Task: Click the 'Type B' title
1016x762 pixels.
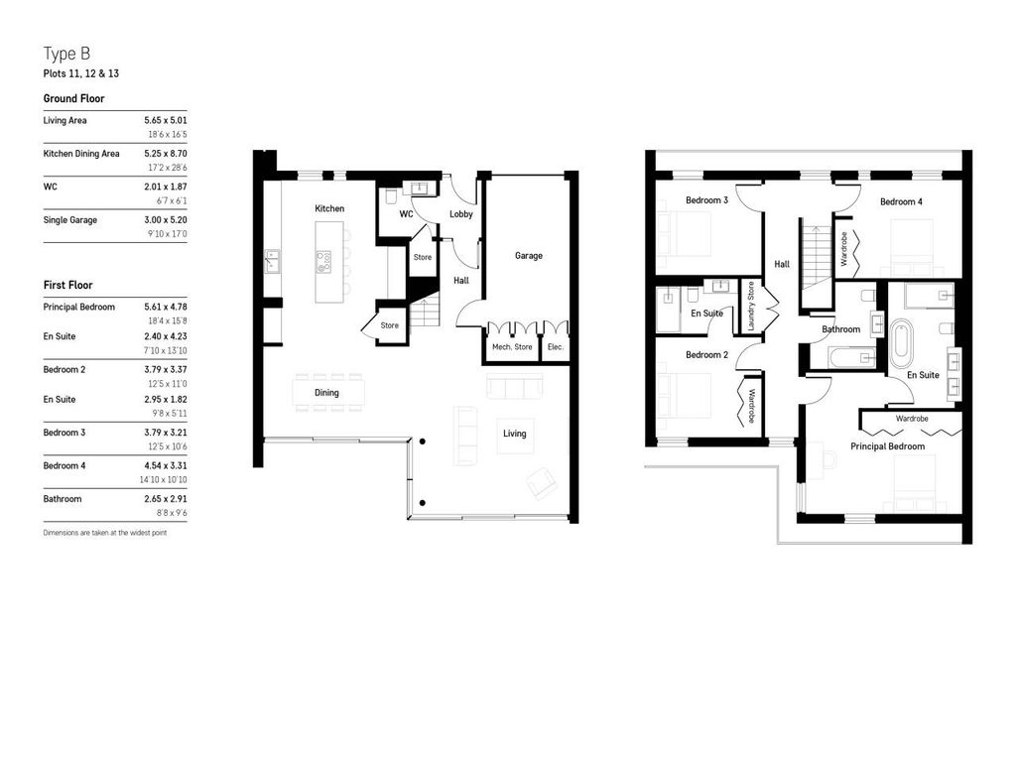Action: click(x=67, y=54)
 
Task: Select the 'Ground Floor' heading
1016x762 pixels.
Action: click(x=73, y=98)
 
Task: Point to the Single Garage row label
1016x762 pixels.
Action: click(x=70, y=219)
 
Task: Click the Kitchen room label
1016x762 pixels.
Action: click(x=329, y=208)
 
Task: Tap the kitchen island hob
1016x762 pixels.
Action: click(x=323, y=263)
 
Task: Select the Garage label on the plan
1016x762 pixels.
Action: click(x=528, y=255)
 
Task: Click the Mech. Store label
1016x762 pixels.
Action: click(x=512, y=347)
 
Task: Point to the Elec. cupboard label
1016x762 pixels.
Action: click(x=555, y=347)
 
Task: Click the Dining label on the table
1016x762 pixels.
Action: click(x=326, y=393)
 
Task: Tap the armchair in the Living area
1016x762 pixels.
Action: click(x=541, y=483)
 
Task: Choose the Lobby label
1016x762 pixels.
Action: click(x=461, y=213)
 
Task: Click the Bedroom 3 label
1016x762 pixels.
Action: click(x=706, y=200)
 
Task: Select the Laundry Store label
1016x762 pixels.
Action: click(x=751, y=307)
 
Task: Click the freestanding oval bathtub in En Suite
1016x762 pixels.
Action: click(x=904, y=340)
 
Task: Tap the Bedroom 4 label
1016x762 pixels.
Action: click(x=900, y=201)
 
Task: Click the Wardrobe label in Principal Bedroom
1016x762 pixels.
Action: click(x=911, y=419)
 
